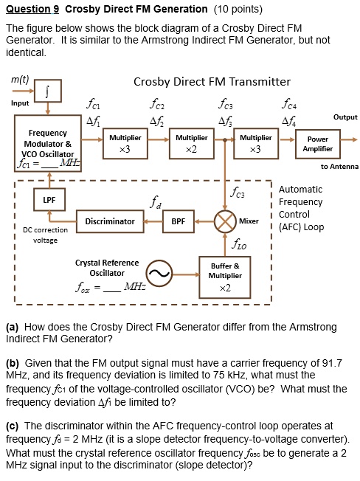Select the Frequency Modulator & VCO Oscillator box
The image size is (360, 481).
tap(47, 143)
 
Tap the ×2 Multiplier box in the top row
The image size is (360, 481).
tap(192, 143)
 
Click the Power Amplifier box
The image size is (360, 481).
tap(317, 143)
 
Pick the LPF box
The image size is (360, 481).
tap(48, 199)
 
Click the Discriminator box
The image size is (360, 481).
tap(110, 221)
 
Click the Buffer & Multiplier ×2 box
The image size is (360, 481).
tap(224, 275)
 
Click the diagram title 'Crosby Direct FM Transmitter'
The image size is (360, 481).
tap(212, 81)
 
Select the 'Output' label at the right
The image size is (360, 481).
tap(345, 117)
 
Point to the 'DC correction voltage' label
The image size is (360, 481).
tap(45, 235)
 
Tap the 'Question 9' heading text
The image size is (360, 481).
tap(32, 9)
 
